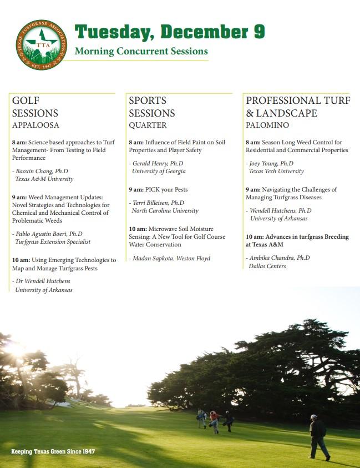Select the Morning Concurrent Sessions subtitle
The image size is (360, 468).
coord(141,52)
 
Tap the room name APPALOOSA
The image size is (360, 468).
coord(36,125)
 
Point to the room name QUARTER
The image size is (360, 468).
coord(148,125)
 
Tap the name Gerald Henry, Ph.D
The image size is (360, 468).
coord(159,164)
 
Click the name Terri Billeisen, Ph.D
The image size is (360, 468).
coord(159,203)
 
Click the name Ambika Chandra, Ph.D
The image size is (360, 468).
coord(279,258)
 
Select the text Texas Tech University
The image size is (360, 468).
coord(277,172)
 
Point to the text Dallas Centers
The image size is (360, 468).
coord(267,266)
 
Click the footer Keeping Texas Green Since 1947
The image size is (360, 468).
coord(53,451)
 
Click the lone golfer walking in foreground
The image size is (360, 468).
coord(318,437)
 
